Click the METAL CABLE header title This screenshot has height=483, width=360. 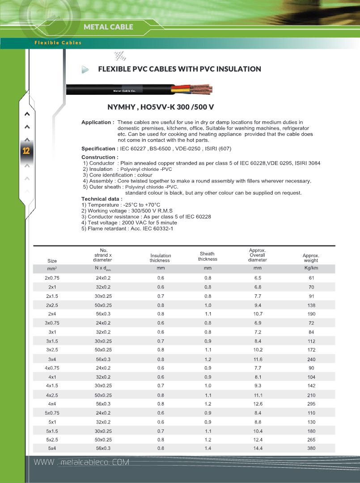point(108,27)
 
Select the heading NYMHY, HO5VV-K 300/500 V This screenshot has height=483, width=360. point(161,107)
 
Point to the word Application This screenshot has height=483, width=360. point(96,123)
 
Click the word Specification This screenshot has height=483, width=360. point(98,149)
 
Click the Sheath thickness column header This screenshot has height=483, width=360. point(208,256)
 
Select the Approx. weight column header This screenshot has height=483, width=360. point(311,258)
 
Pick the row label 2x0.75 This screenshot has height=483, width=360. point(52,278)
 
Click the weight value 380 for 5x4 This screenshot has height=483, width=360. point(311,448)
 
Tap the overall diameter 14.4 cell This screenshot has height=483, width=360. point(258,448)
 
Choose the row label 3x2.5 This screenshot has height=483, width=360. point(52,350)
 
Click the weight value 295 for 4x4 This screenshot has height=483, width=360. point(311,404)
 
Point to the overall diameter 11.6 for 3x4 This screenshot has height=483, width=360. point(258,360)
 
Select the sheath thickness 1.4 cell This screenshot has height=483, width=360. point(208,448)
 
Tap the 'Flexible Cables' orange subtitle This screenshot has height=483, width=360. point(58,43)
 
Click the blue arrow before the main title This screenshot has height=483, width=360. point(85,69)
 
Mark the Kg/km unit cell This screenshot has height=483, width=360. point(311,268)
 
